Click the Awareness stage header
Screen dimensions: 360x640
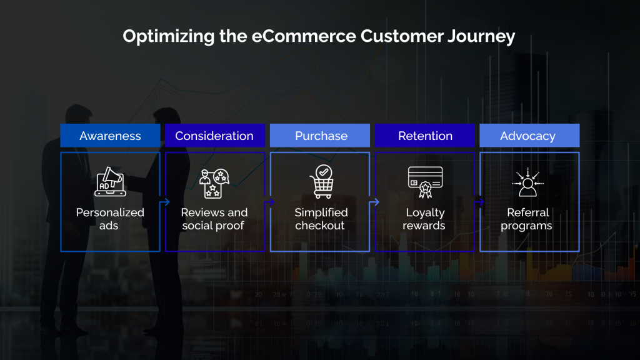click(x=110, y=136)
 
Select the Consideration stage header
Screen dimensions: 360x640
click(x=214, y=136)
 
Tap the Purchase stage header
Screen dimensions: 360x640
click(x=321, y=136)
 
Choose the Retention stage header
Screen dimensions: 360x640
click(x=425, y=136)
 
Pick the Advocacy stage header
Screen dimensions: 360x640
click(x=528, y=136)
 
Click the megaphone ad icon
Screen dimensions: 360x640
click(x=109, y=181)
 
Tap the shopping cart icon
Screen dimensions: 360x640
click(x=321, y=181)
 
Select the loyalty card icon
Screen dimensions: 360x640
click(x=425, y=181)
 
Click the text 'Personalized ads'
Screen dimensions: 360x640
click(x=110, y=219)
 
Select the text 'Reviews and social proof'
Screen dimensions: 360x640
click(x=214, y=219)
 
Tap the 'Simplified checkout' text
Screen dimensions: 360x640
click(x=321, y=219)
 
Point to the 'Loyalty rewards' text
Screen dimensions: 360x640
click(x=425, y=219)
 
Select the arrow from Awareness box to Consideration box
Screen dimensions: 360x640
click(x=166, y=202)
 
